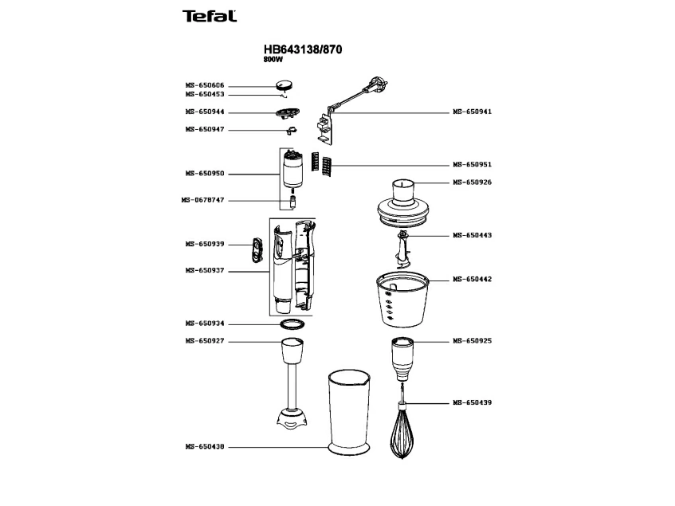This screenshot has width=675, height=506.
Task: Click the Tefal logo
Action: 209,16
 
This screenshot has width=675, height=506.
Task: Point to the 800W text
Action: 273,60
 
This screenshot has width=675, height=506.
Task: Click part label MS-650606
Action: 205,84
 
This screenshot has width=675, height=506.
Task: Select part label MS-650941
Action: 472,112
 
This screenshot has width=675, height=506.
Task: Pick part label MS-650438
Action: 205,446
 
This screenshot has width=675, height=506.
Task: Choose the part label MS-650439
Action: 472,403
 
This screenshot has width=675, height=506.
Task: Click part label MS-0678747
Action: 203,200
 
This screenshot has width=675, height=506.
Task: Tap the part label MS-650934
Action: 205,324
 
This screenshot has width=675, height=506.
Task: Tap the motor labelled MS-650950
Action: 292,171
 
